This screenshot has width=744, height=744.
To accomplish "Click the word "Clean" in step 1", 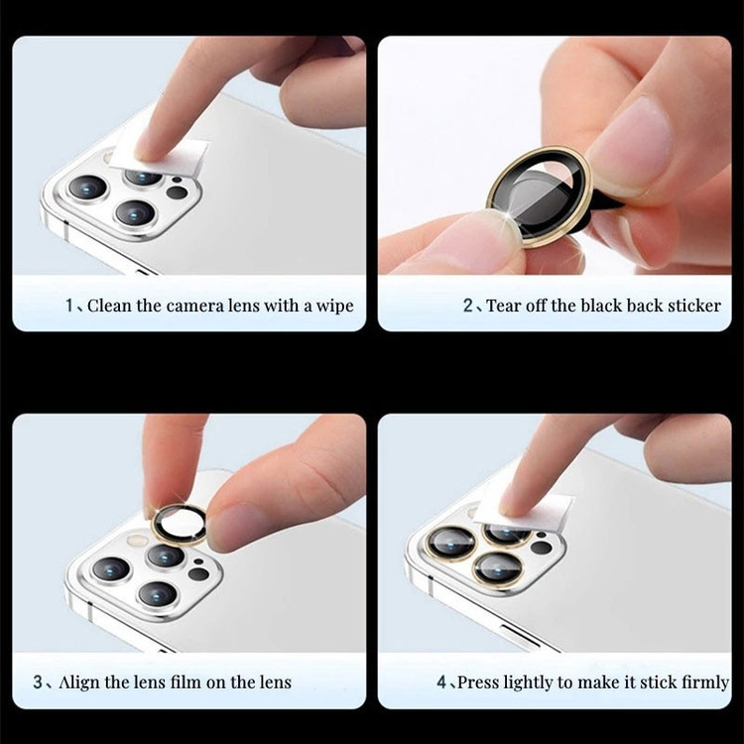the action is [x=109, y=306].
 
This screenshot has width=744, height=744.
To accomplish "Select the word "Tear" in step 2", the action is [x=504, y=306].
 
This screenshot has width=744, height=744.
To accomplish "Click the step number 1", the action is [x=69, y=306].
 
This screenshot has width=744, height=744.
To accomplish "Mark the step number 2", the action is [x=468, y=306].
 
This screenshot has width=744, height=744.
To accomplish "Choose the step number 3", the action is [x=38, y=682].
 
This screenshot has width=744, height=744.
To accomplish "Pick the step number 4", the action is [x=441, y=682].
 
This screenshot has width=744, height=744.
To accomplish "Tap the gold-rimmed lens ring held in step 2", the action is [x=540, y=196].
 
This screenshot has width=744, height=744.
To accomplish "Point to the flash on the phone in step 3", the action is [x=137, y=540].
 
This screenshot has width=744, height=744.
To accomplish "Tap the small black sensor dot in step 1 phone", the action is [x=177, y=181].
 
